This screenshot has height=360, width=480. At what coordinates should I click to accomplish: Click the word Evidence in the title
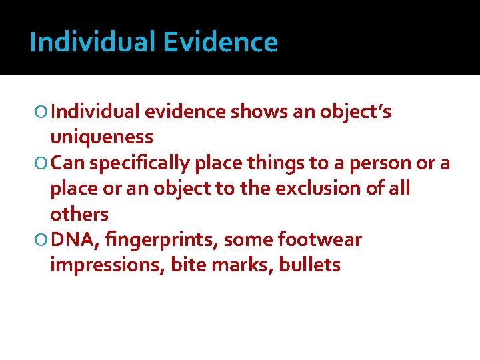click(x=220, y=43)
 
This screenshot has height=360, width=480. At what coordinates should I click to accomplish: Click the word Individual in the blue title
click(x=93, y=43)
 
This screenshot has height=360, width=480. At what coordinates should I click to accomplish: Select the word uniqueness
click(x=101, y=137)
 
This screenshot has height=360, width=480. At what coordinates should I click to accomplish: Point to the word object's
click(x=356, y=112)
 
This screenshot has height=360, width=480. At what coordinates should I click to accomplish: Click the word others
click(x=79, y=214)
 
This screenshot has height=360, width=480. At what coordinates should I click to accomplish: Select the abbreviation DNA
click(x=71, y=239)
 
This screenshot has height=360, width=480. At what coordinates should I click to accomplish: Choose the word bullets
click(x=310, y=265)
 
